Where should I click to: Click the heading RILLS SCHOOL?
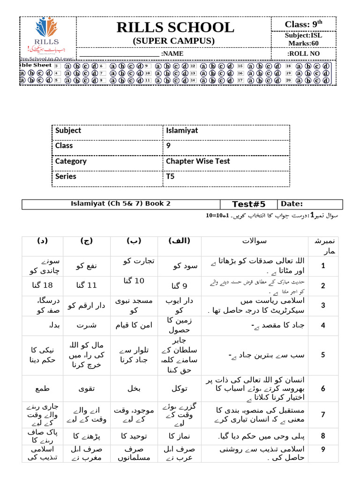tap(175, 28)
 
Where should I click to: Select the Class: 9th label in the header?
tap(303, 24)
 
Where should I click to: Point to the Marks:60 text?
tap(304, 43)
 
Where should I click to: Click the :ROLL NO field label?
tap(304, 54)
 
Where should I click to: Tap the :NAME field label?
tap(172, 54)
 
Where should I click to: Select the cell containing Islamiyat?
tap(182, 131)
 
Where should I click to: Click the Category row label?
tap(71, 161)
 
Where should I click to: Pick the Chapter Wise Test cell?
tap(198, 161)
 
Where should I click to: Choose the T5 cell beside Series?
tap(170, 177)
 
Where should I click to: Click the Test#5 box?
tap(249, 204)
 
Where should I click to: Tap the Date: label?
tap(292, 204)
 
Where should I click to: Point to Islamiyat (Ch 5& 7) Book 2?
tap(121, 203)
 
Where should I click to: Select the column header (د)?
tap(42, 241)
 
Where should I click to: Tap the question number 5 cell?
tap(323, 354)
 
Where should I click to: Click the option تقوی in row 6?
tap(87, 388)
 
